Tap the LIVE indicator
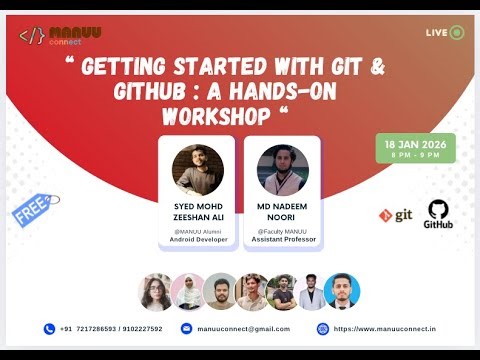pos(444,32)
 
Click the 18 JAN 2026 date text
pos(415,144)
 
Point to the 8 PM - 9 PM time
pos(415,155)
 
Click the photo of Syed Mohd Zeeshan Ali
pos(197,168)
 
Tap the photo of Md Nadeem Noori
pos(283,168)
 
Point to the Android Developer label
pos(197,239)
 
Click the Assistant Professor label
pos(283,239)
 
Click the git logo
pos(396,215)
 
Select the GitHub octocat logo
pos(438,209)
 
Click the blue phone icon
pos(50,328)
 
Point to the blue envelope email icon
pos(186,328)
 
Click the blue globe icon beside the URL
pos(323,328)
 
